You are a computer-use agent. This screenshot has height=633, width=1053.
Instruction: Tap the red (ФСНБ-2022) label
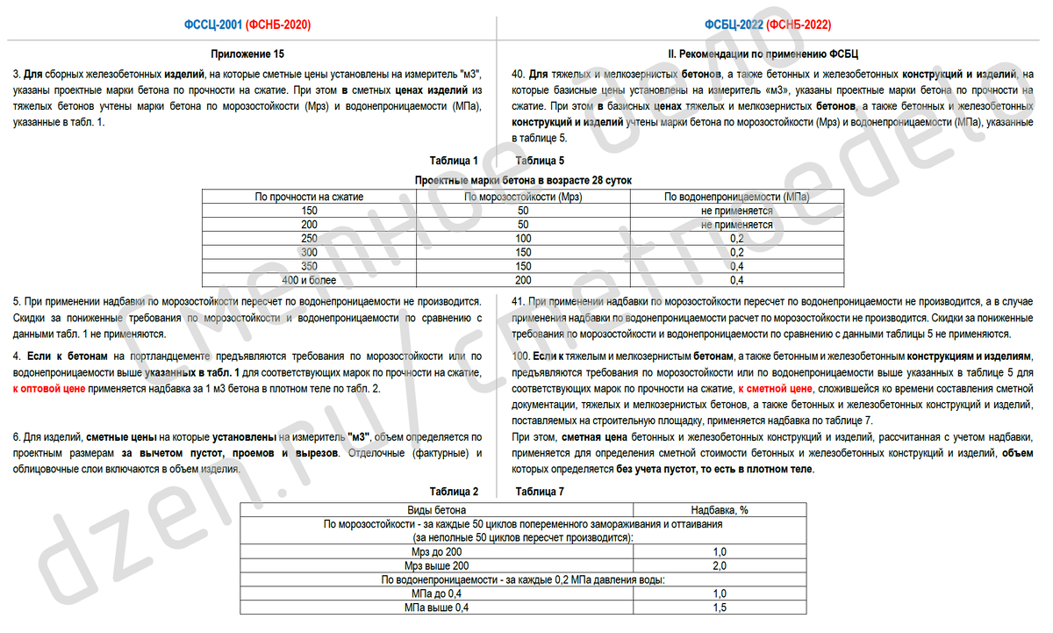(798, 25)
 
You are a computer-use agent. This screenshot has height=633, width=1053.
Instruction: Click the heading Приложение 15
(248, 54)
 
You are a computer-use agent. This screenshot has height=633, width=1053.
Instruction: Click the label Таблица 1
(454, 161)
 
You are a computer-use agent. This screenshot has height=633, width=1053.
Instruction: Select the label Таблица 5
(540, 161)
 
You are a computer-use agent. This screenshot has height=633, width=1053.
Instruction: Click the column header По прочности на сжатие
(309, 198)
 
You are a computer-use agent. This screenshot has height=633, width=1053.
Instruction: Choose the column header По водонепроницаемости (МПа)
(736, 198)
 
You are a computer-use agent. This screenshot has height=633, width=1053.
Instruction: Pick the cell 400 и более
(309, 280)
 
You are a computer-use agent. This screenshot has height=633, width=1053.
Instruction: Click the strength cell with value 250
(309, 239)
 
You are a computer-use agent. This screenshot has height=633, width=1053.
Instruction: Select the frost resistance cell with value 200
(523, 280)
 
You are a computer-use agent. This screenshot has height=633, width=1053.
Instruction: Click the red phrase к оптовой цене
(49, 389)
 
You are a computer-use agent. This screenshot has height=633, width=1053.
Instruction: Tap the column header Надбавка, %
(719, 509)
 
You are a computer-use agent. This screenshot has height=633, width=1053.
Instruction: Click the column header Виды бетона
(436, 509)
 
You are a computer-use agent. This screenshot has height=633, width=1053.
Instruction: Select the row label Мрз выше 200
(436, 566)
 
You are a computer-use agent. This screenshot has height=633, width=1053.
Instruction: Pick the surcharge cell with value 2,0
(719, 566)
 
